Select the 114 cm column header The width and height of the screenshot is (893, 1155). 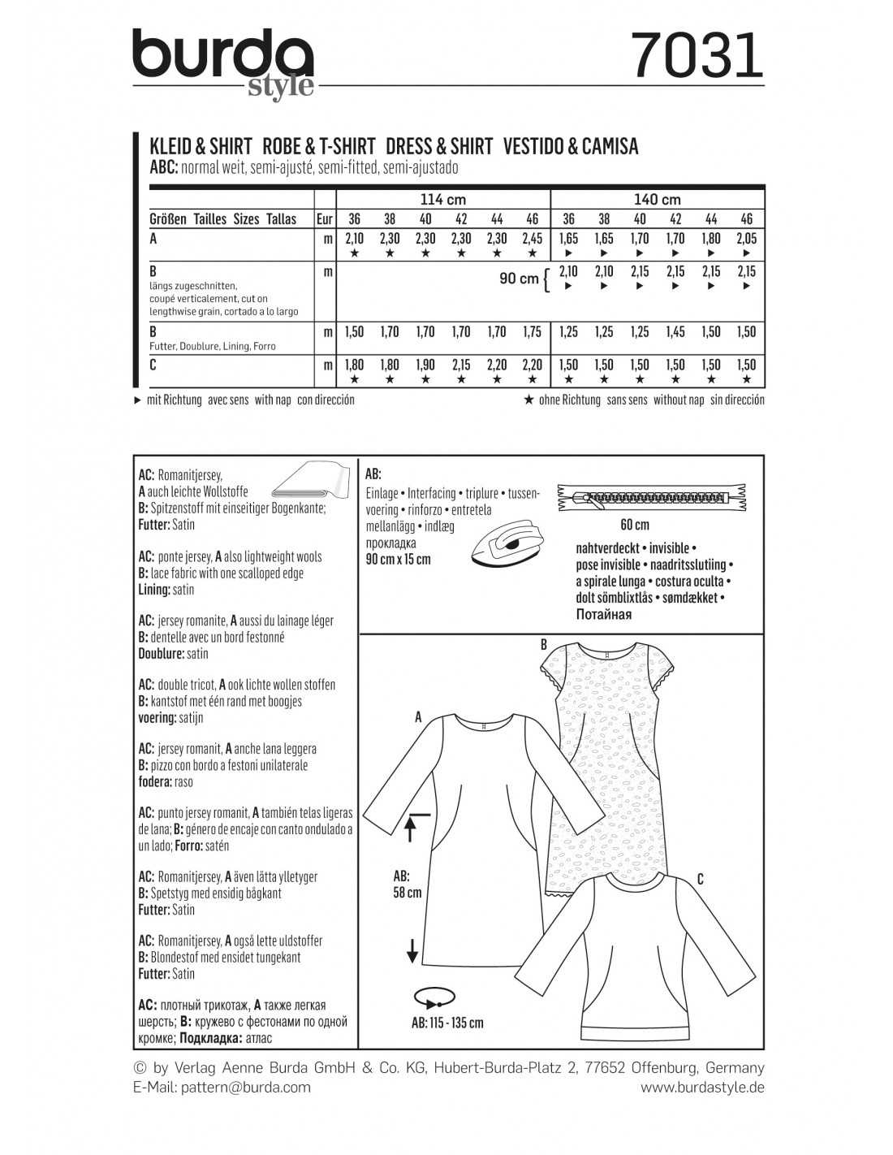click(x=442, y=200)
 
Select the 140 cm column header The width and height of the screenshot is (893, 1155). click(x=658, y=200)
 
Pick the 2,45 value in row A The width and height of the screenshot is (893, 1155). click(x=532, y=239)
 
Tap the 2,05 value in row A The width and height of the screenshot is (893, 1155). click(x=746, y=239)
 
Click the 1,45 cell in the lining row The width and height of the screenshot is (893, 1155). click(x=675, y=331)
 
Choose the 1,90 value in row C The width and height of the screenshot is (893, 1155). click(x=425, y=365)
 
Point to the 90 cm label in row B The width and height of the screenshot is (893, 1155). click(x=519, y=279)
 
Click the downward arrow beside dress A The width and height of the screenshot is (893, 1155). click(x=412, y=948)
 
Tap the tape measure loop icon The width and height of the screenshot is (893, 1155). click(x=431, y=997)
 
